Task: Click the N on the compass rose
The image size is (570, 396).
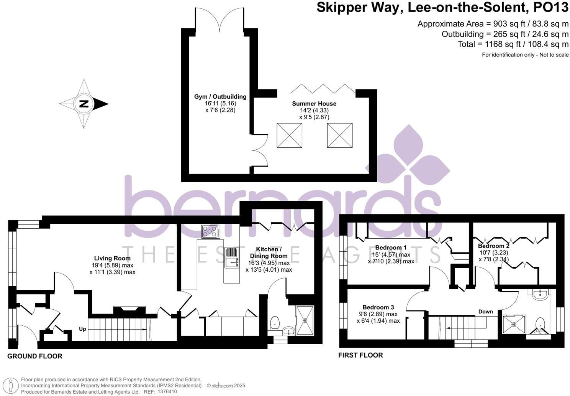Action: click(x=84, y=104)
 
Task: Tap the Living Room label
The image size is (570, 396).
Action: click(x=112, y=258)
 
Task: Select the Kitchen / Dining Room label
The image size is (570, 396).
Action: click(x=269, y=252)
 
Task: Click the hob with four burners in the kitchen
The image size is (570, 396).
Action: click(x=211, y=231)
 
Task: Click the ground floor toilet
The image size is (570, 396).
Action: click(x=275, y=323)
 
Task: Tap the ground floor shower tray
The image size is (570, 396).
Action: click(x=305, y=320)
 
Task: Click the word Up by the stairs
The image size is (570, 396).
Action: click(x=82, y=329)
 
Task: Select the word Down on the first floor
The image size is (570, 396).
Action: click(x=485, y=312)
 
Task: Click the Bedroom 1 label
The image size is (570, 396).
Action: click(x=391, y=247)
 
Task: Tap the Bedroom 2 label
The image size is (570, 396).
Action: click(x=494, y=246)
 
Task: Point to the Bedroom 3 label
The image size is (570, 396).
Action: click(x=378, y=307)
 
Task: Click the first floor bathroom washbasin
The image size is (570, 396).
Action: click(x=541, y=295)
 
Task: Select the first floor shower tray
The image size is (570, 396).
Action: click(x=514, y=324)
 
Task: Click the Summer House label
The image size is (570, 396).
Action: click(x=314, y=104)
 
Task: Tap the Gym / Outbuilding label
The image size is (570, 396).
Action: click(x=220, y=97)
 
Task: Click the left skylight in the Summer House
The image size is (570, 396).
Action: click(x=290, y=135)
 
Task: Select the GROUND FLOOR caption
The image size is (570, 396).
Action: click(x=35, y=356)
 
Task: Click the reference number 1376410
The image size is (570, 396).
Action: click(x=167, y=392)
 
